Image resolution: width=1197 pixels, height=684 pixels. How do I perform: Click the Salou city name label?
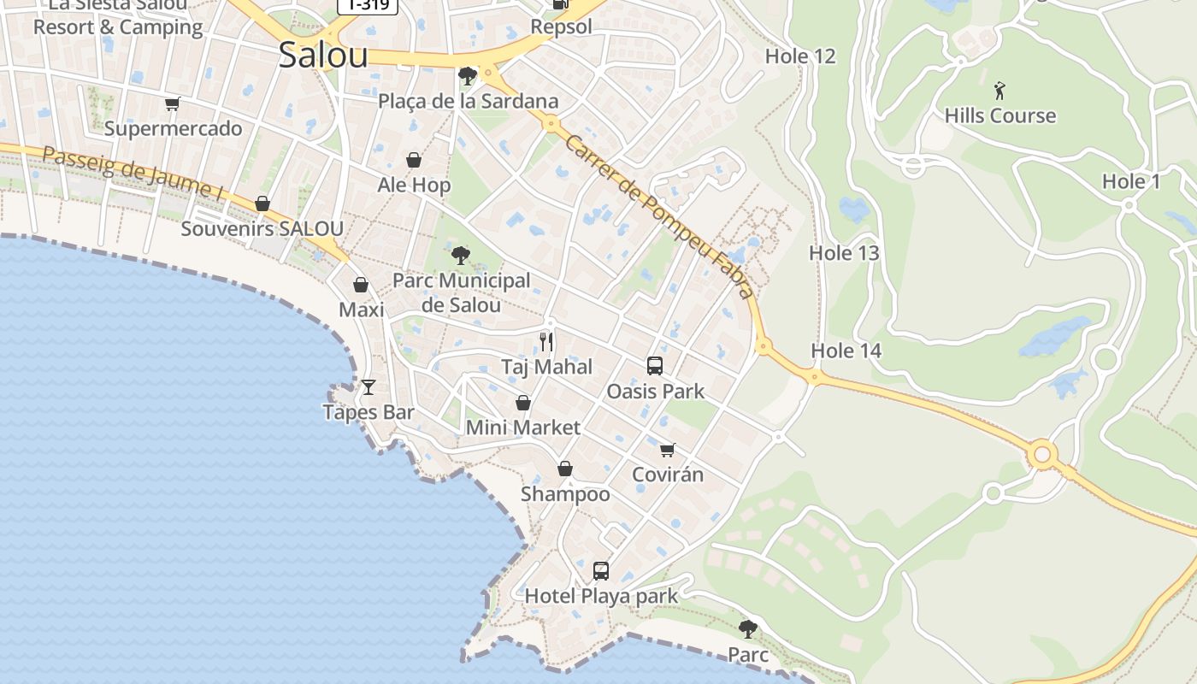coord(323,56)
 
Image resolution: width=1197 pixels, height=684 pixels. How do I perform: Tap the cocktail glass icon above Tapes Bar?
coord(369,387)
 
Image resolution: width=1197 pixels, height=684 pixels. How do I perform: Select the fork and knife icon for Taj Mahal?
coord(546,342)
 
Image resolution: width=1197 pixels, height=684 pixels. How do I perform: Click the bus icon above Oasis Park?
coord(655,366)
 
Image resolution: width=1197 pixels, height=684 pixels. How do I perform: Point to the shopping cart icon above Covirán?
coord(668,450)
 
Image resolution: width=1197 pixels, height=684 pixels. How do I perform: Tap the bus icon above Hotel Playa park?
coord(601,570)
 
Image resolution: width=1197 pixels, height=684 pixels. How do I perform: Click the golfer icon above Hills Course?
coord(999,90)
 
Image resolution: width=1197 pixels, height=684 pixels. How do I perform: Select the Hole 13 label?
coord(844,253)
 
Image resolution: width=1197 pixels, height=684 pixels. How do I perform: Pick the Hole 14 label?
coord(846,351)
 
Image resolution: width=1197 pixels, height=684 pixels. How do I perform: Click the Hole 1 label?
coord(1131,181)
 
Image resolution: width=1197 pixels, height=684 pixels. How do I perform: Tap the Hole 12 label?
coord(800,56)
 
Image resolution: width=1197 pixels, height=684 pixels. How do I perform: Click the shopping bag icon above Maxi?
coord(361,285)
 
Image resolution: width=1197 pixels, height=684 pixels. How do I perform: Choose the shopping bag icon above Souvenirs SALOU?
coord(262,203)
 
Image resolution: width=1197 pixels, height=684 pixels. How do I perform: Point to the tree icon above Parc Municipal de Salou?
coord(461,255)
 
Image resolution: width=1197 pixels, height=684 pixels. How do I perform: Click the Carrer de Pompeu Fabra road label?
coord(658,216)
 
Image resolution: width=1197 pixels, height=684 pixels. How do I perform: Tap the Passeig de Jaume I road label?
coord(133,174)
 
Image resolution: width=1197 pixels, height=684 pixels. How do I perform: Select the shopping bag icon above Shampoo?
coord(565,469)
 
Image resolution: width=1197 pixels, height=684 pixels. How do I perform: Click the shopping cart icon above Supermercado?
coord(173,104)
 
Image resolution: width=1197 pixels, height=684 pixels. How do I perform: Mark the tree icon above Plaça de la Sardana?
coord(467,76)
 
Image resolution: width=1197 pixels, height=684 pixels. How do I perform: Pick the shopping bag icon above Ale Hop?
coord(414,160)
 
